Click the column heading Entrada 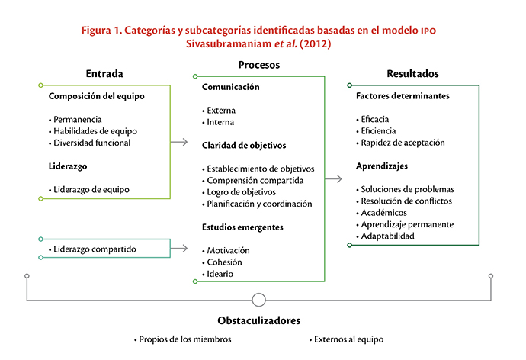click(x=104, y=73)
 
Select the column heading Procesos click(x=259, y=65)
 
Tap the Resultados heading click(x=412, y=73)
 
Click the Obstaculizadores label click(x=259, y=320)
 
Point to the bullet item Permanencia click(x=75, y=120)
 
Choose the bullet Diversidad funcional click(x=89, y=143)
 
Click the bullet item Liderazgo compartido click(x=92, y=249)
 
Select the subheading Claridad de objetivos click(x=244, y=145)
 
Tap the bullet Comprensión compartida click(x=253, y=181)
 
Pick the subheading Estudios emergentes click(x=242, y=227)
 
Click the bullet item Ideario click(x=218, y=274)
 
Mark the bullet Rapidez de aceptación click(x=400, y=143)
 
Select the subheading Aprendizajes click(x=382, y=166)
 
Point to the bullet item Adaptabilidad click(x=386, y=236)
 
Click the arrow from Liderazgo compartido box click(x=179, y=249)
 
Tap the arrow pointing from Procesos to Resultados click(x=333, y=178)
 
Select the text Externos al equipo click(x=347, y=339)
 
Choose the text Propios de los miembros click(x=183, y=339)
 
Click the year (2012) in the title click(x=316, y=43)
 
